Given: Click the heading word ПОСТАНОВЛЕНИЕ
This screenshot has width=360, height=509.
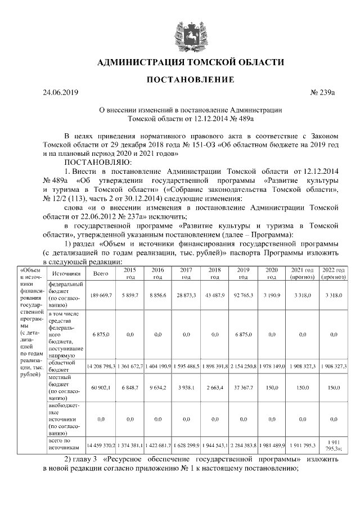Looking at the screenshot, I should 190,80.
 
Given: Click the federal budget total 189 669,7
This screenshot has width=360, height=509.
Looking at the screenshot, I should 101,295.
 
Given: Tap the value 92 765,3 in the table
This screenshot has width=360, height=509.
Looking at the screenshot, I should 243,295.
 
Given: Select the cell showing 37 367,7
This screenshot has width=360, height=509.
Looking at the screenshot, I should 243,388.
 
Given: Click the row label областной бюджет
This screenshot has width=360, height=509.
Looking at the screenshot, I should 65,366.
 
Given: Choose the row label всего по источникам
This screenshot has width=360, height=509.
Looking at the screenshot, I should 65,445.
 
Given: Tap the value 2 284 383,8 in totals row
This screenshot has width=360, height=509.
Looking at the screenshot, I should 243,445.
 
